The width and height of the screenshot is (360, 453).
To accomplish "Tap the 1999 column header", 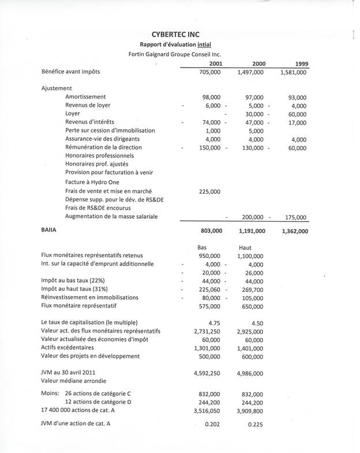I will pos(299,63).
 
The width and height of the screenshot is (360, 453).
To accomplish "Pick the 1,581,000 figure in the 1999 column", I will pos(294,73).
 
